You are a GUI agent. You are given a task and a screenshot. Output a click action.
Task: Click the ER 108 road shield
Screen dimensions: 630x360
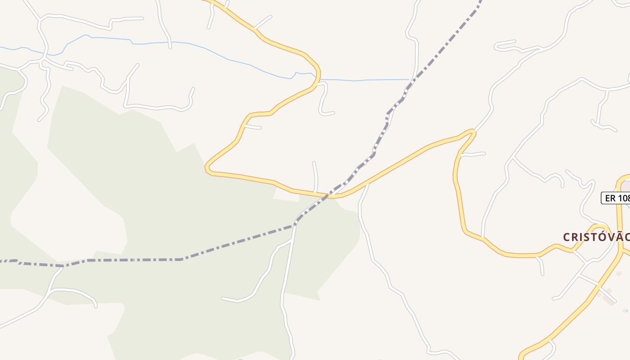616,198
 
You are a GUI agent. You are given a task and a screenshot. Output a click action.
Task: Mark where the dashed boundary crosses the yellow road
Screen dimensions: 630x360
329,196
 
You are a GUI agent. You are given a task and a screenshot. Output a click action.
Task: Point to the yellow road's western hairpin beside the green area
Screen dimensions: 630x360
207,169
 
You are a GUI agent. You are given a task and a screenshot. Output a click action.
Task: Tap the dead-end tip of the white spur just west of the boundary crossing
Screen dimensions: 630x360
314,162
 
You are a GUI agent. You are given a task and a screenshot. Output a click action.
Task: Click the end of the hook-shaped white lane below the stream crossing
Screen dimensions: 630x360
333,113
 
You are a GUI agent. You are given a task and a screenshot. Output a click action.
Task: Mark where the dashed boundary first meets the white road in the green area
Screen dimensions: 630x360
296,223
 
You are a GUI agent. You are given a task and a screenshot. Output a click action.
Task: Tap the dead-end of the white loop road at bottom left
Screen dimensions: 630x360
95,306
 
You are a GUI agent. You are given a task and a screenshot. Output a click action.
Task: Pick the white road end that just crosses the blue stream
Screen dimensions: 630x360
170,47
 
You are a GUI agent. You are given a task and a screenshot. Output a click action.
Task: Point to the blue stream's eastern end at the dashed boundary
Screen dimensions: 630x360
409,80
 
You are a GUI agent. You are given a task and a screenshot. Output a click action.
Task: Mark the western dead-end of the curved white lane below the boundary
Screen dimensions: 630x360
223,298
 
